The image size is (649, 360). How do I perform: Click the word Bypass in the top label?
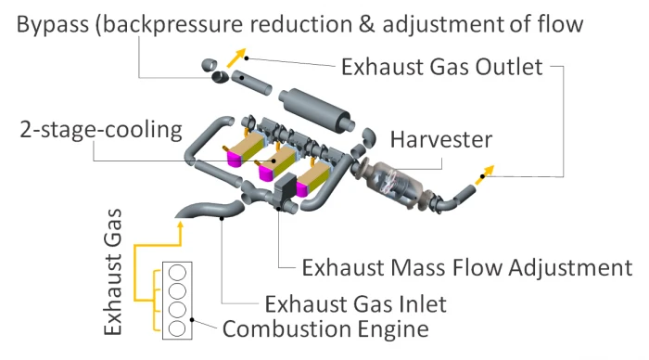click(x=53, y=25)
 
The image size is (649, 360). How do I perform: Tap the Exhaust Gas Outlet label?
click(x=441, y=67)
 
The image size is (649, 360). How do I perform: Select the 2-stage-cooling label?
click(x=101, y=130)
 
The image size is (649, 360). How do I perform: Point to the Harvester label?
click(x=441, y=139)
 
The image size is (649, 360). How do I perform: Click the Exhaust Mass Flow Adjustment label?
click(x=467, y=267)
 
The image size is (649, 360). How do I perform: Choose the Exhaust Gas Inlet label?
click(x=355, y=304)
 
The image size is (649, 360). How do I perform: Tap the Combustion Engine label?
click(x=325, y=329)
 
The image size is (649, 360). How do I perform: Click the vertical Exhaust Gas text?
click(x=112, y=272)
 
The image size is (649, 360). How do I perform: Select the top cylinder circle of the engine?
click(x=178, y=273)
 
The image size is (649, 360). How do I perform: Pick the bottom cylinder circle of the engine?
click(x=177, y=328)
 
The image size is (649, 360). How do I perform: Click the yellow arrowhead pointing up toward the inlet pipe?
click(x=180, y=225)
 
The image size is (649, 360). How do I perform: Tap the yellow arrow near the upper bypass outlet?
click(x=236, y=58)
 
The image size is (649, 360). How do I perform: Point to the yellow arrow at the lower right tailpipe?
click(x=485, y=174)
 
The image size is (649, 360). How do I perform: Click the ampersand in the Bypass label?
click(x=366, y=24)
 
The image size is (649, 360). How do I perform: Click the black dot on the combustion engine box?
click(x=192, y=320)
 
